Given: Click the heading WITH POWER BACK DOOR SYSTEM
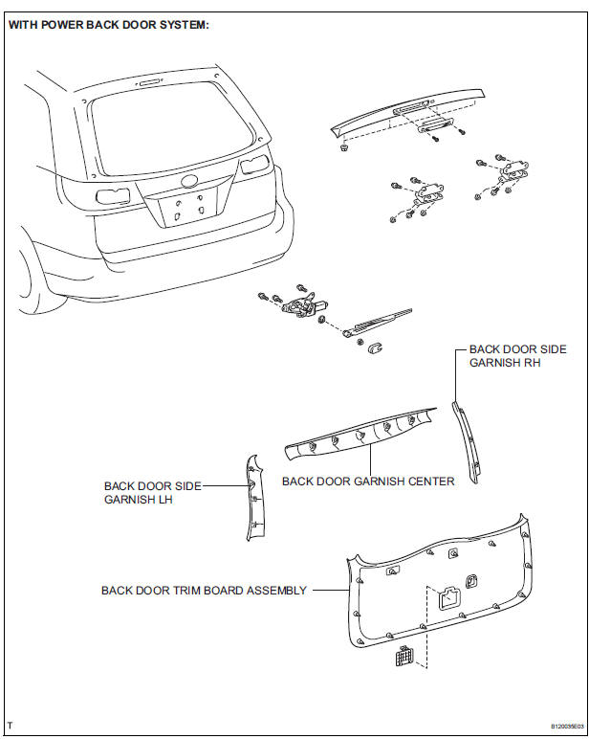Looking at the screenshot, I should pyautogui.click(x=108, y=25).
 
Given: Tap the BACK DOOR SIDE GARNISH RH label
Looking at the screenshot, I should pyautogui.click(x=517, y=356).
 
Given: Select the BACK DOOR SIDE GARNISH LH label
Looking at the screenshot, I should pyautogui.click(x=152, y=493).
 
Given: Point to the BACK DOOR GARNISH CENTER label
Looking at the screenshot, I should pyautogui.click(x=368, y=481).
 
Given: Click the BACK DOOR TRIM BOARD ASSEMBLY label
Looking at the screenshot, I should pyautogui.click(x=204, y=591).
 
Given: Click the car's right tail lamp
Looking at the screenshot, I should pyautogui.click(x=252, y=167).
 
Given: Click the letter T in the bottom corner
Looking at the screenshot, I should pyautogui.click(x=10, y=726).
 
